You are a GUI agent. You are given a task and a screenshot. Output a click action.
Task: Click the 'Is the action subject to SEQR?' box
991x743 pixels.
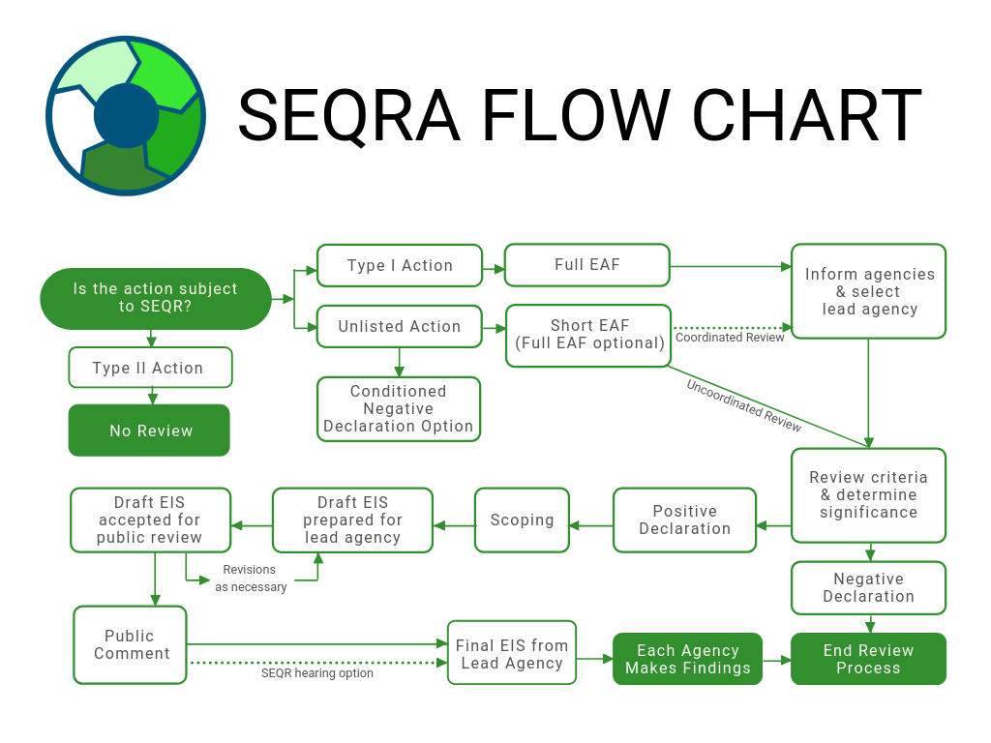click(155, 298)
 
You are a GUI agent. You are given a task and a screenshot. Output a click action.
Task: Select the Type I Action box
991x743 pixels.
click(400, 265)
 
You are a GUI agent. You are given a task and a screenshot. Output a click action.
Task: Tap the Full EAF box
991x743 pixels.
click(586, 264)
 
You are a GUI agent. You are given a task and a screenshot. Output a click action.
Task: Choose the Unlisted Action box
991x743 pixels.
click(400, 326)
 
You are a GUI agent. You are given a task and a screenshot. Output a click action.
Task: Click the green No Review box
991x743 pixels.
click(149, 431)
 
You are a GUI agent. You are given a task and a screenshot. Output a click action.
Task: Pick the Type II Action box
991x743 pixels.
click(149, 368)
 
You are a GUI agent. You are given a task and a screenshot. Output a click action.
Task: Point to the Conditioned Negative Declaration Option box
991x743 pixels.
click(399, 408)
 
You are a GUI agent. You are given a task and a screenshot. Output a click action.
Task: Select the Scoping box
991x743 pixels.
click(522, 520)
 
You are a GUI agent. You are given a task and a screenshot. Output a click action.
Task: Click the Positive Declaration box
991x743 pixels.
click(684, 520)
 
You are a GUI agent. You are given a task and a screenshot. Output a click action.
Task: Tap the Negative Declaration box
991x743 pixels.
click(868, 587)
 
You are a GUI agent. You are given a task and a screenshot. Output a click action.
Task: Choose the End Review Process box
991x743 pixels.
click(868, 659)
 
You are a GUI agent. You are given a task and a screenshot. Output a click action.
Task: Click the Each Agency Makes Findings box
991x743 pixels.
click(687, 659)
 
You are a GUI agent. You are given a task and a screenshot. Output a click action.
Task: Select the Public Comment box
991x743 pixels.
click(131, 644)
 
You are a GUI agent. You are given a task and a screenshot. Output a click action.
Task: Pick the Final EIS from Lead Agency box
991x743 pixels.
click(512, 654)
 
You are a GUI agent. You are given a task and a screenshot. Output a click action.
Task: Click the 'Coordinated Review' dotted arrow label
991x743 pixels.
click(730, 338)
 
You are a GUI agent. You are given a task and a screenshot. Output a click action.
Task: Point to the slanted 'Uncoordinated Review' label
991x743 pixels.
click(744, 404)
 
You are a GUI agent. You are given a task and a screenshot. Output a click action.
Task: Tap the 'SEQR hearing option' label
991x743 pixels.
click(317, 673)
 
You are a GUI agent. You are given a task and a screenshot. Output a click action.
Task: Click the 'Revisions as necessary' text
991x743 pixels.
click(251, 579)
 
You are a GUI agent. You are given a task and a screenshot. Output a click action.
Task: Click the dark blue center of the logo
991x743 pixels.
click(126, 116)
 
